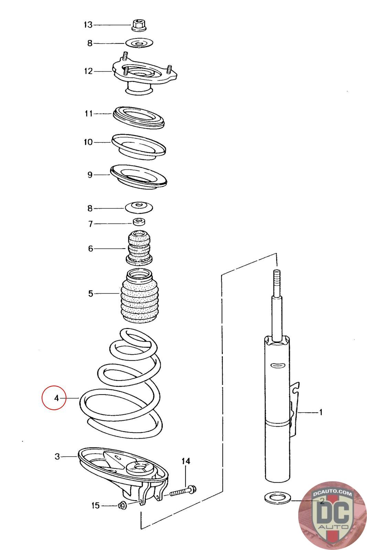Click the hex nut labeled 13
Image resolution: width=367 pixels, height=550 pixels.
[138, 25]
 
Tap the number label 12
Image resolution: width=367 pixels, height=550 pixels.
[88, 71]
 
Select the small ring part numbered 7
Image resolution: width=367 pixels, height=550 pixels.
[139, 221]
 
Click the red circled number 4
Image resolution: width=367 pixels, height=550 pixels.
[54, 398]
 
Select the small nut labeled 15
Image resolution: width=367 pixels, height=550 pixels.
[121, 505]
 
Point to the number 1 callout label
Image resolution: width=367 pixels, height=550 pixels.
[321, 412]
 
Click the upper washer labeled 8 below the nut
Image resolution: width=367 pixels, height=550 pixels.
[139, 43]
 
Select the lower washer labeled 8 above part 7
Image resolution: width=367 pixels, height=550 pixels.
[139, 208]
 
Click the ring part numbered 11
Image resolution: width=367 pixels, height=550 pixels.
[139, 117]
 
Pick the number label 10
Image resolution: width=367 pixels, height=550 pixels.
[88, 142]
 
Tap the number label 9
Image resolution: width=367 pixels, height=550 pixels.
[90, 175]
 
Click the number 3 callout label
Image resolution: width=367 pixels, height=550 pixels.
[57, 456]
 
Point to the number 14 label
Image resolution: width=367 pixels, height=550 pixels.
[186, 461]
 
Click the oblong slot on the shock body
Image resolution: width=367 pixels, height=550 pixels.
[277, 365]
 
